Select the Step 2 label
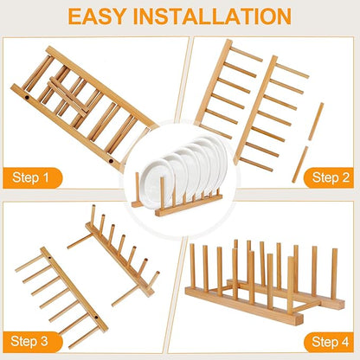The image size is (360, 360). (x=328, y=177)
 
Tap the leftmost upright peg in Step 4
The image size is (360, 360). (x=204, y=268)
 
